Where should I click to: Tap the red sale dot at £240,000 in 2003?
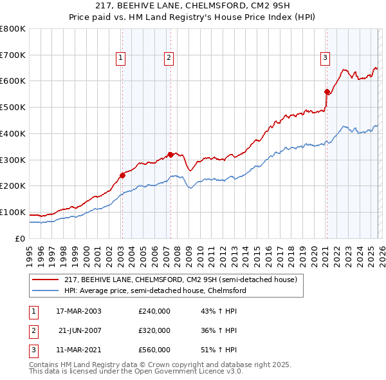(x=122, y=175)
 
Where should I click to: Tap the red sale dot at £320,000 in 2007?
(x=170, y=154)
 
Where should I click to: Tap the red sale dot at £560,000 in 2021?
(x=327, y=91)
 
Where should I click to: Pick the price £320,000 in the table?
(x=154, y=330)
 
